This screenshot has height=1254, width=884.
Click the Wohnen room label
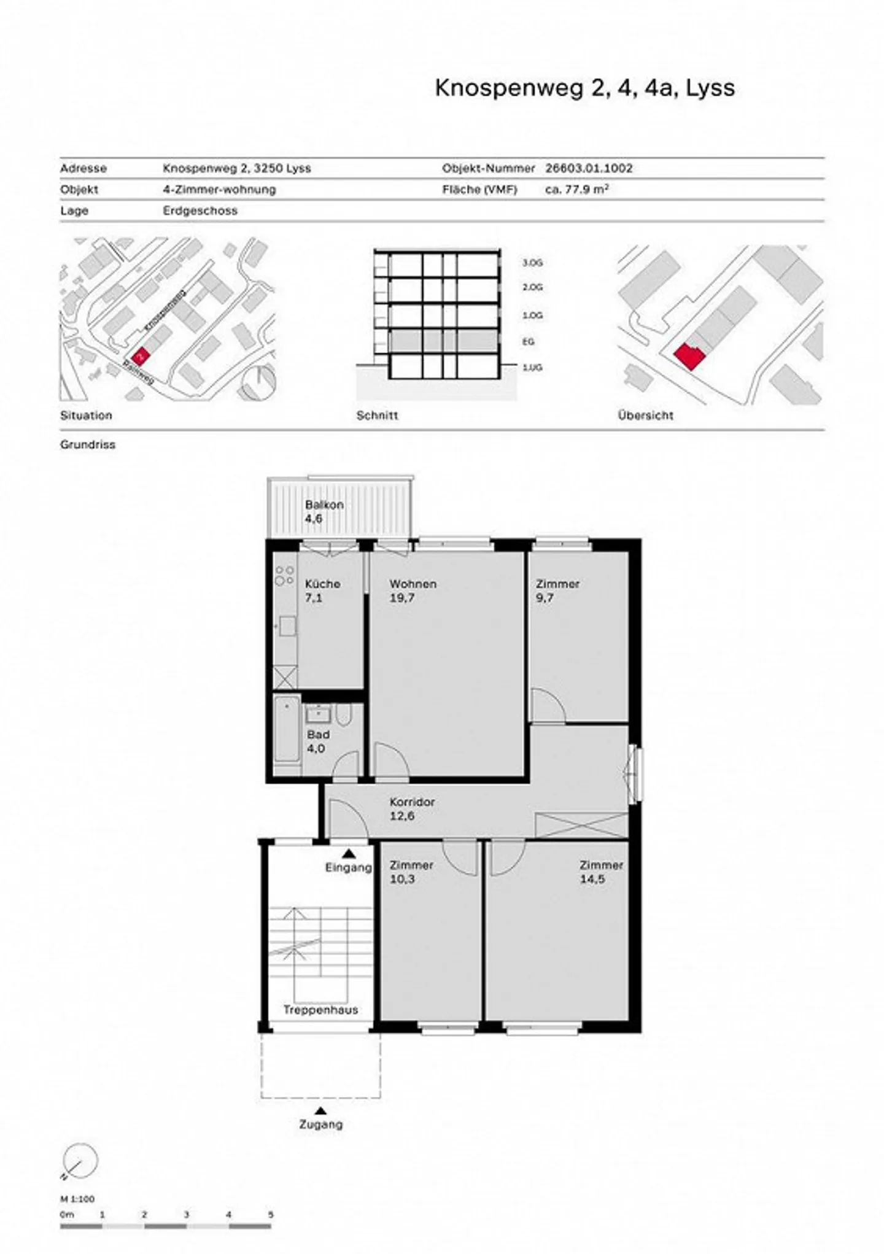click(413, 584)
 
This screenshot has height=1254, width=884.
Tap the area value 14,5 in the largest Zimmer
click(592, 879)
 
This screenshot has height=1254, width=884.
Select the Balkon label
click(324, 505)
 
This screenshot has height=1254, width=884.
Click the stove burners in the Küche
click(284, 576)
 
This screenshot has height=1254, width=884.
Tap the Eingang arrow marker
click(349, 853)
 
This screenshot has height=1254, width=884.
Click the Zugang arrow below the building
click(320, 1110)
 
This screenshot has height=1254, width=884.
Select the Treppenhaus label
click(320, 1010)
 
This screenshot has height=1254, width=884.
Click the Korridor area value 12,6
click(401, 816)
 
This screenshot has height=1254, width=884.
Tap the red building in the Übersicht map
click(689, 357)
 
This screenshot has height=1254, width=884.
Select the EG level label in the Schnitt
click(528, 342)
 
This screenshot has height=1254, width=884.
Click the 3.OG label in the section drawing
click(532, 263)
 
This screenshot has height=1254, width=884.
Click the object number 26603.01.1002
click(588, 168)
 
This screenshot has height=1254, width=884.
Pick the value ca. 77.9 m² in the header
click(576, 190)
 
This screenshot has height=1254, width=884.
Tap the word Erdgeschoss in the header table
click(200, 211)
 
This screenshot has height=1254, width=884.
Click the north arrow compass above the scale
click(80, 1161)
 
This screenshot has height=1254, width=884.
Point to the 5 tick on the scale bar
click(271, 1214)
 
